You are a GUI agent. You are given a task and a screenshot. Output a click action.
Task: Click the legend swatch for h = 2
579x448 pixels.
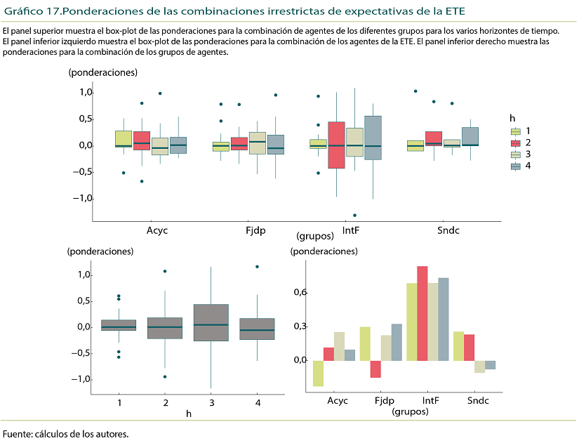click(516, 143)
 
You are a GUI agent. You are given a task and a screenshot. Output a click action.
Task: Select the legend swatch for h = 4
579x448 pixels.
click(516, 166)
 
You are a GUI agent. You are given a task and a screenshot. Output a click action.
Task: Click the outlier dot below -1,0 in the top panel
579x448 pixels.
click(354, 215)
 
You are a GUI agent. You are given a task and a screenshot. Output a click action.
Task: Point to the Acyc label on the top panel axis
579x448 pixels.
click(157, 230)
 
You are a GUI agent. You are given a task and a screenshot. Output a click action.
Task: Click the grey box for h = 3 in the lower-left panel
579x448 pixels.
click(211, 322)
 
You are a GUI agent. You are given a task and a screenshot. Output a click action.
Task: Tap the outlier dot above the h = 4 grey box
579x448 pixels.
click(257, 267)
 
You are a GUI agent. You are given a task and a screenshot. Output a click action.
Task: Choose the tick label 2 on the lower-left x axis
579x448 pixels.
click(165, 402)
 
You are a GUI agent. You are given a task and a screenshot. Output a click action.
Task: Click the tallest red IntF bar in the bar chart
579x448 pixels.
click(422, 313)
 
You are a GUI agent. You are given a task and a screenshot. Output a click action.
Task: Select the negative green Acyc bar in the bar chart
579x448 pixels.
click(318, 373)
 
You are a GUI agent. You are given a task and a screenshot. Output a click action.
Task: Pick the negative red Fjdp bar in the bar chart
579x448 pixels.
click(375, 369)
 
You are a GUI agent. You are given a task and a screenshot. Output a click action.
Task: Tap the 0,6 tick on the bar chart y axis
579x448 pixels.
click(300, 292)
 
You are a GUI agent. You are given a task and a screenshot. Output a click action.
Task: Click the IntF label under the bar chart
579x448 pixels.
click(431, 401)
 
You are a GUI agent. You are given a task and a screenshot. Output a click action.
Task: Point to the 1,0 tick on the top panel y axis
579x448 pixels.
click(86, 93)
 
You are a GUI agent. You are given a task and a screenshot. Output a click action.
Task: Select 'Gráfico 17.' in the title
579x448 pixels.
click(32, 12)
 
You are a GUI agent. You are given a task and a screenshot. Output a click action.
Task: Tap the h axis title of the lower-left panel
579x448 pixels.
click(189, 414)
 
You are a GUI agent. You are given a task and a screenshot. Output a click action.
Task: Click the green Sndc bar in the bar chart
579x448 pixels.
click(458, 346)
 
